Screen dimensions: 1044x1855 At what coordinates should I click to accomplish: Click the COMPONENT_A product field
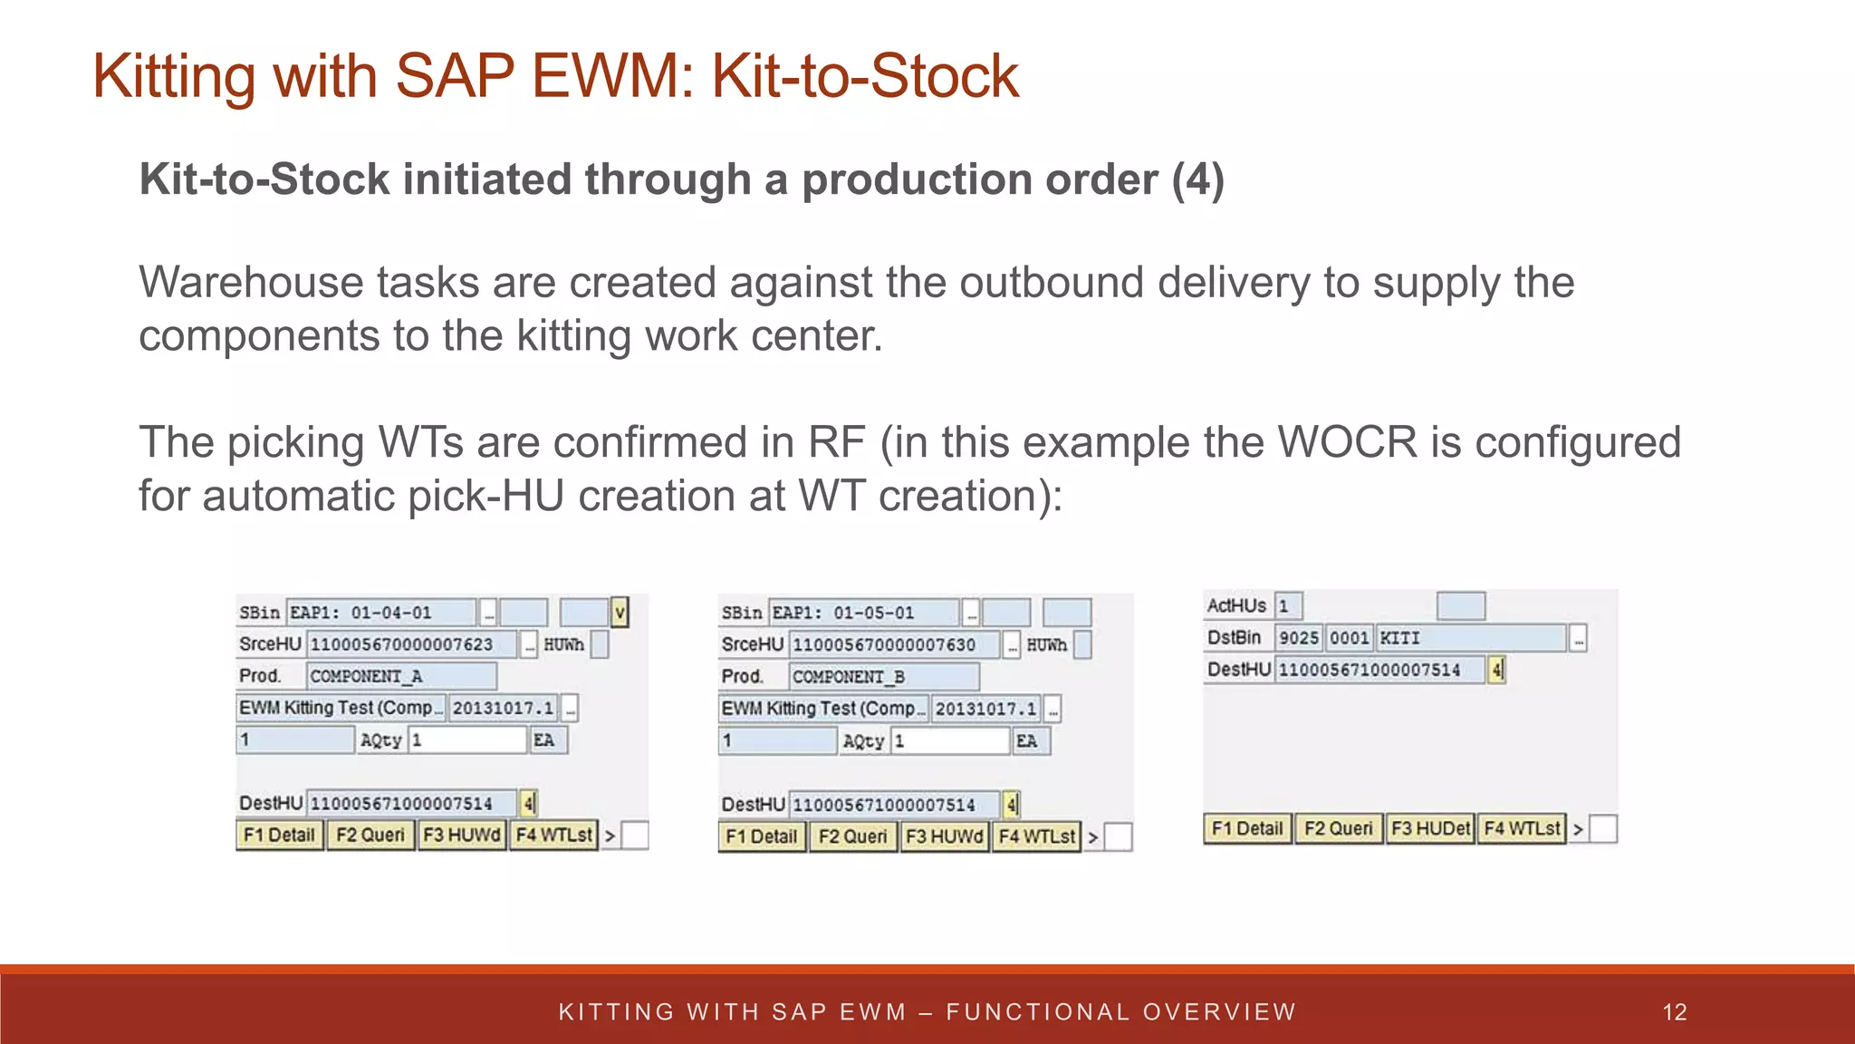pyautogui.click(x=401, y=676)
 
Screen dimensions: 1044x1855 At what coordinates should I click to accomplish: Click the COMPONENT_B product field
pyautogui.click(x=884, y=677)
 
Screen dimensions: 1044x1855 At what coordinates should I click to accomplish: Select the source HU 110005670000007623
pyautogui.click(x=412, y=644)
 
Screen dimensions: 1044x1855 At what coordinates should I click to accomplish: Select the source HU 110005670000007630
pyautogui.click(x=894, y=645)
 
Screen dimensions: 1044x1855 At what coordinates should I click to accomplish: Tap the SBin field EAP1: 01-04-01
pyautogui.click(x=381, y=613)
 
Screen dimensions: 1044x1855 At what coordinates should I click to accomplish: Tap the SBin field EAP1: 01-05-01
pyautogui.click(x=863, y=613)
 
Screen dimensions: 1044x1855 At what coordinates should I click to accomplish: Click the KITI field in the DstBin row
pyautogui.click(x=1471, y=638)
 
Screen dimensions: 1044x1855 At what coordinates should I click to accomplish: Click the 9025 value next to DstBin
pyautogui.click(x=1298, y=638)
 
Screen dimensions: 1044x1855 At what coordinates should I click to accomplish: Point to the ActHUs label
pyautogui.click(x=1236, y=605)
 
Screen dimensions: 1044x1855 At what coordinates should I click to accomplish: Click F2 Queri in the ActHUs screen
pyautogui.click(x=1338, y=828)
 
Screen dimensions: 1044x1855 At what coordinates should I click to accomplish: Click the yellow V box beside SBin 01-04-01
pyautogui.click(x=620, y=613)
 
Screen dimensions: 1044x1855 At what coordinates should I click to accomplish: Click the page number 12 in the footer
pyautogui.click(x=1675, y=1012)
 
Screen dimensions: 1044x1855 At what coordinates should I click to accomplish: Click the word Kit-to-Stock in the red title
pyautogui.click(x=865, y=76)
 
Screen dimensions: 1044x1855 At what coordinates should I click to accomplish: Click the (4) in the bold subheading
pyautogui.click(x=1197, y=179)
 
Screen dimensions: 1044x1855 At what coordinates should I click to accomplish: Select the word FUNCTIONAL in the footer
pyautogui.click(x=1037, y=1012)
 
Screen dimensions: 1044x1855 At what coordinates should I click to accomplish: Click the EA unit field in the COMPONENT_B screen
pyautogui.click(x=1030, y=741)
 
